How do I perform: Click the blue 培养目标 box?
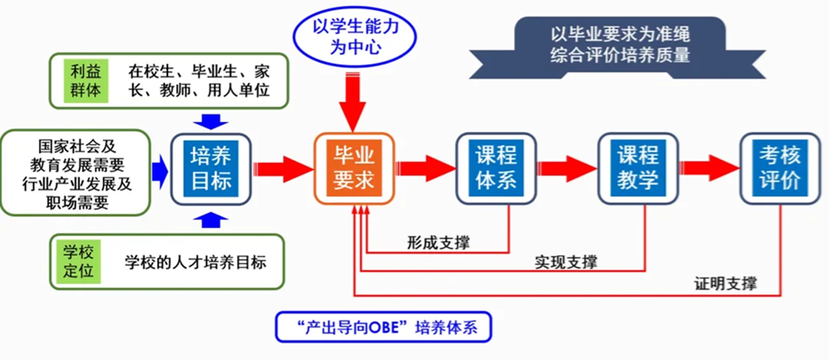[211, 168]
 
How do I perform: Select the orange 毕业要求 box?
[354, 168]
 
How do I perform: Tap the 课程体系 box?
[496, 168]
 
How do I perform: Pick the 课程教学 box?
[638, 168]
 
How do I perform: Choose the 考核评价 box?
[780, 168]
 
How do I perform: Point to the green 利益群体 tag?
[86, 81]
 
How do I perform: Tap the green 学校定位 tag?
[78, 262]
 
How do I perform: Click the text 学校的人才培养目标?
[195, 262]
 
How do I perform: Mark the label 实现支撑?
[565, 262]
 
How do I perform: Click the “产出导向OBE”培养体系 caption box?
[383, 328]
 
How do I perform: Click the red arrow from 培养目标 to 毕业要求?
[282, 169]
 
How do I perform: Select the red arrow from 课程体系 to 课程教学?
[566, 169]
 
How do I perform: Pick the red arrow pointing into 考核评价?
[709, 169]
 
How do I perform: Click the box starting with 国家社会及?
[77, 173]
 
